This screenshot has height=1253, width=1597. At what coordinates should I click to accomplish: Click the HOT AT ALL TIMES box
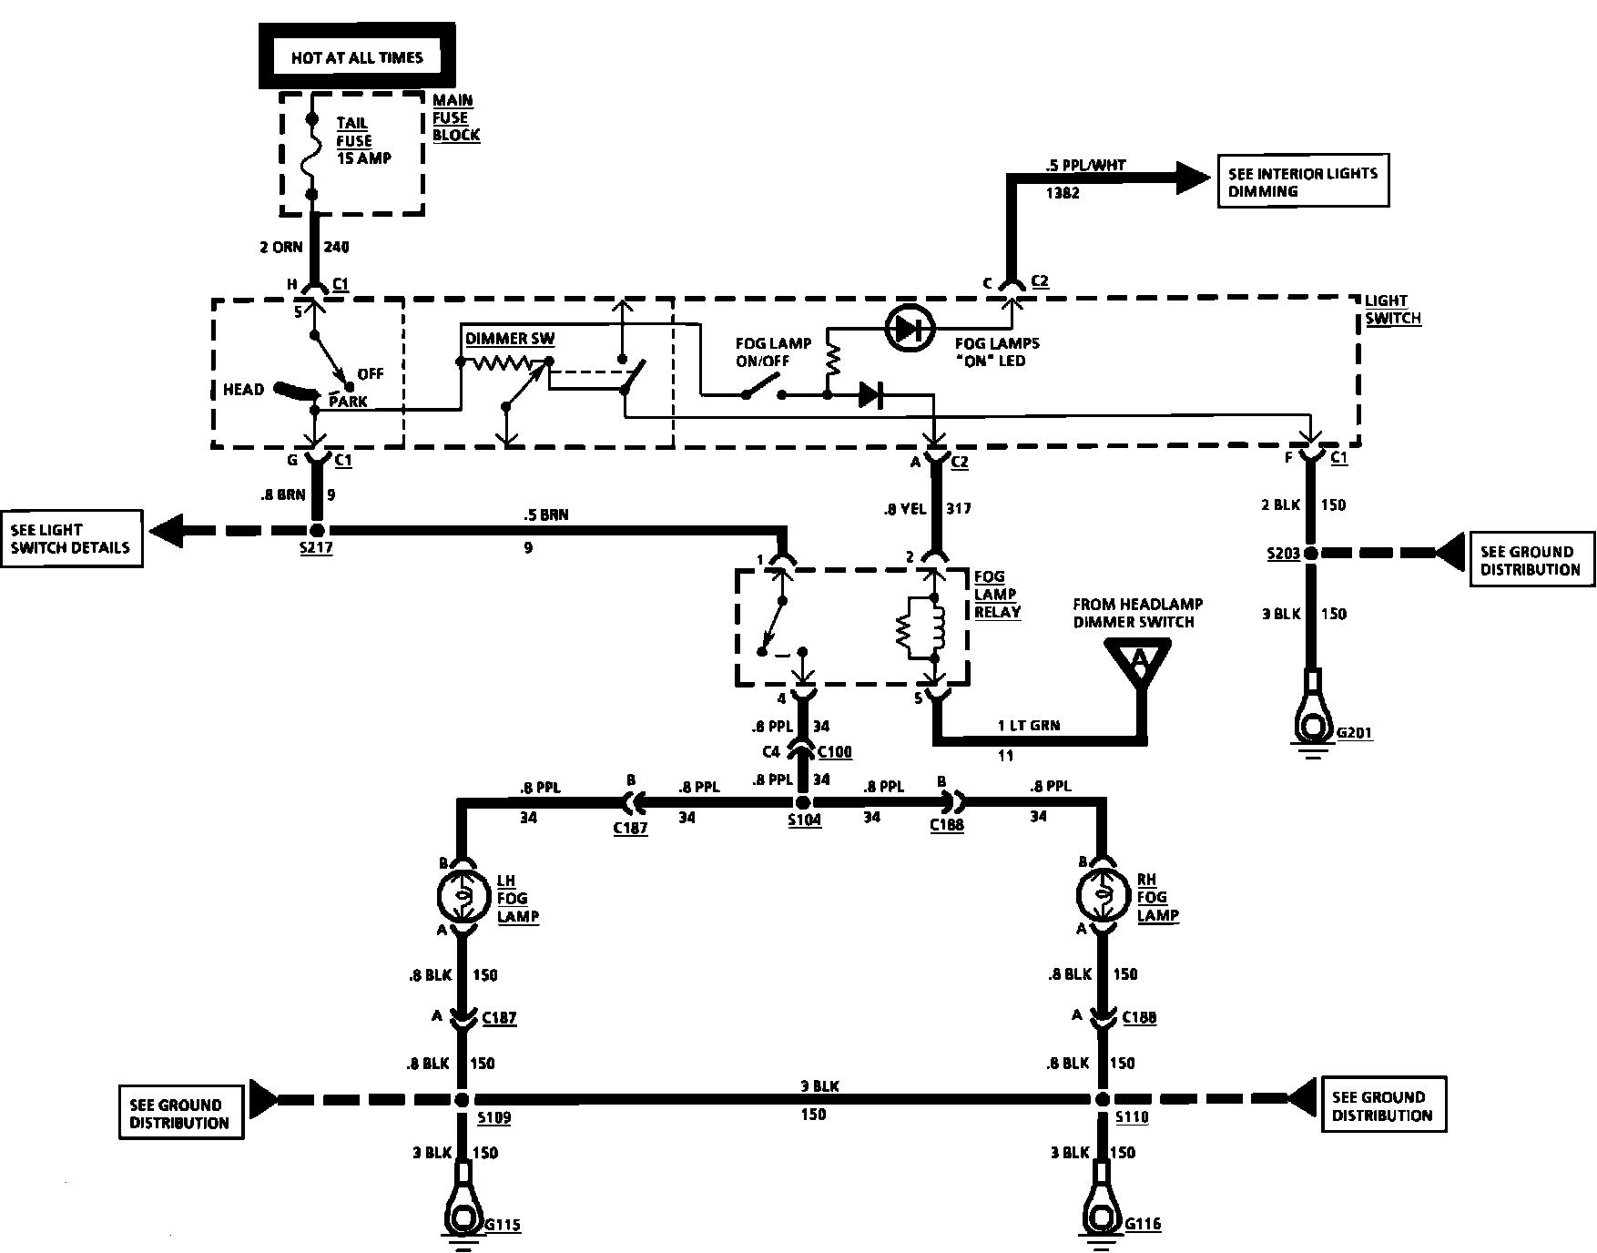tap(357, 56)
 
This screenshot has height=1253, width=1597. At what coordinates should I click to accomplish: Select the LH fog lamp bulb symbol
tap(463, 897)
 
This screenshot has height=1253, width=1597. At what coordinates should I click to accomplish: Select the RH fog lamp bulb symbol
tap(1103, 897)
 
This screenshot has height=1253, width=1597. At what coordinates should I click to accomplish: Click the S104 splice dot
tap(802, 802)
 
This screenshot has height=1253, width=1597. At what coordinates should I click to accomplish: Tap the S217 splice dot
tap(316, 529)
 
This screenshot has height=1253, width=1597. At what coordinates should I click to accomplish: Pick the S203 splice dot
tap(1311, 553)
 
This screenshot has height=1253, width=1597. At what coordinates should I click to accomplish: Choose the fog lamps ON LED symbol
tap(910, 329)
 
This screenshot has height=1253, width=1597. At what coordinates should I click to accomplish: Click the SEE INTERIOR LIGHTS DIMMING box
tap(1303, 182)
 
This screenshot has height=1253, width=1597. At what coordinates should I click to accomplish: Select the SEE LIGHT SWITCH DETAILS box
tap(71, 538)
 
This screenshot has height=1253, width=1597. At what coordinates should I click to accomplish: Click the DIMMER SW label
tap(510, 339)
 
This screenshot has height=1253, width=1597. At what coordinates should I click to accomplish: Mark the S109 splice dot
tap(463, 1098)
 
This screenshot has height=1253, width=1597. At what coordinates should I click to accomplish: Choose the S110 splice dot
tap(1104, 1098)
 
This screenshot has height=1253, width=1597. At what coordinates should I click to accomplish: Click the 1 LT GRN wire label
tap(1029, 725)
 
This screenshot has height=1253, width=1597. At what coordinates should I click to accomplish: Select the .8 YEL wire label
tap(905, 509)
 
